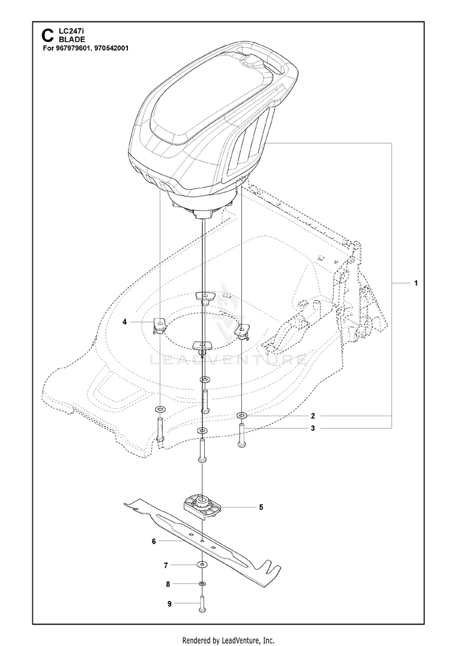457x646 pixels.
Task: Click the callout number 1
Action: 416,283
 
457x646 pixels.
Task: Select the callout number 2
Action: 313,416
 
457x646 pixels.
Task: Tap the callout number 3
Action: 313,428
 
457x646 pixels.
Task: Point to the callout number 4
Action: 124,322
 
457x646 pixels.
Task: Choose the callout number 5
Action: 261,507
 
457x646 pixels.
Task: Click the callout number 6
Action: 154,541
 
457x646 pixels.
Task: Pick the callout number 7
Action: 166,566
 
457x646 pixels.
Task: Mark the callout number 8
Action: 168,584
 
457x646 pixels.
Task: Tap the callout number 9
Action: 169,604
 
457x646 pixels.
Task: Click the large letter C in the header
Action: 48,35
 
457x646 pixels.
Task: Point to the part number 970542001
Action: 112,48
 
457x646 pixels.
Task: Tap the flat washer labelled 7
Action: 202,564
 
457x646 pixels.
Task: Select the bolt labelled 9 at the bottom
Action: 202,605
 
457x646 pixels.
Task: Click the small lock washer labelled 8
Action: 202,584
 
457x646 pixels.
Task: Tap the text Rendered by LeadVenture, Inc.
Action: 228,641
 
